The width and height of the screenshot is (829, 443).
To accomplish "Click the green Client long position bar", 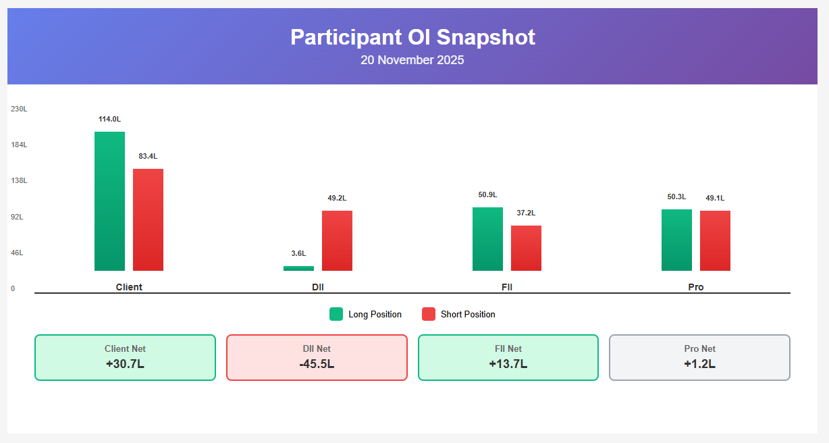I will tap(109, 201).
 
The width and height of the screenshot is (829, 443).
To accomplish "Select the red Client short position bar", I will tap(148, 219).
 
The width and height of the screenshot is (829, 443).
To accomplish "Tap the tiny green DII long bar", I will tap(298, 268).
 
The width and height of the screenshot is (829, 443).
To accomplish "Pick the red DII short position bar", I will tap(337, 240).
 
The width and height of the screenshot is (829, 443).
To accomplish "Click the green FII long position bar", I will tap(487, 239).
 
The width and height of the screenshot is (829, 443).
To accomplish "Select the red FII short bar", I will tap(526, 248).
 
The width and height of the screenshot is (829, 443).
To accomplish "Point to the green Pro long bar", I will tap(676, 240).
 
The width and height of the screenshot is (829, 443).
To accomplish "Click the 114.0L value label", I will tap(109, 120).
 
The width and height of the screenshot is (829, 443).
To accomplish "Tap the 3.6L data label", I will tap(298, 254).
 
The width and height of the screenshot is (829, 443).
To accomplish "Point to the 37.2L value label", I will tap(526, 213).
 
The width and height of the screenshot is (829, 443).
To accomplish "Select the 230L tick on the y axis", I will tap(19, 109).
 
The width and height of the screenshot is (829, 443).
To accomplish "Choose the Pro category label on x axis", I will tap(695, 287).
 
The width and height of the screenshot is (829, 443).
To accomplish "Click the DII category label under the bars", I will tap(317, 287).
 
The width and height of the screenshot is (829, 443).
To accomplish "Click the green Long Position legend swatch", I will tap(336, 314).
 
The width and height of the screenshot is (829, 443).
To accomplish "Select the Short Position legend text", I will tap(468, 315).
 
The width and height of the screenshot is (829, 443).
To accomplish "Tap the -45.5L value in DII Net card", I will tap(317, 364).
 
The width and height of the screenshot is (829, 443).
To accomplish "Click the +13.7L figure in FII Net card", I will tap(508, 364).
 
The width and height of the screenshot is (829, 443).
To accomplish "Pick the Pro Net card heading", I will tap(699, 349).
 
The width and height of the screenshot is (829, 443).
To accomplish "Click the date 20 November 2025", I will tap(412, 60).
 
